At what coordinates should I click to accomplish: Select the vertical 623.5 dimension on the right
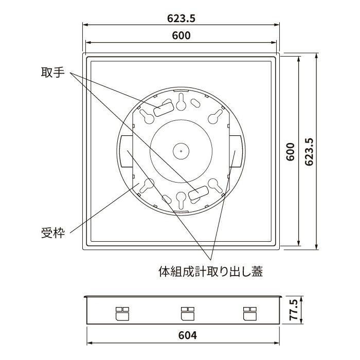(309, 152)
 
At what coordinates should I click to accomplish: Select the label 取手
(52, 73)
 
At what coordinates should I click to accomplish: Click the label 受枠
(52, 233)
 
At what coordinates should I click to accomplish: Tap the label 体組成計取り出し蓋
(211, 271)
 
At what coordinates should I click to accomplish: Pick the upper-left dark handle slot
(163, 109)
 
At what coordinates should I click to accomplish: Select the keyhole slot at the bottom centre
(181, 200)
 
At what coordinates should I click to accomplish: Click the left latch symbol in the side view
(122, 313)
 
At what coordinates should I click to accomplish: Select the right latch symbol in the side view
(249, 313)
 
